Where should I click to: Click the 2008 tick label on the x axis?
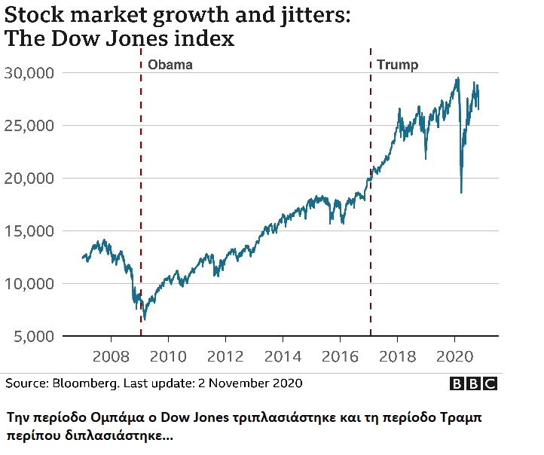click(x=111, y=356)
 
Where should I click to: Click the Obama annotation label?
click(x=170, y=65)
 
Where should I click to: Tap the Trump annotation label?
click(x=397, y=65)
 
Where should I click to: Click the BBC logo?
click(x=474, y=383)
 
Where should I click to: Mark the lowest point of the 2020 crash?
click(x=460, y=193)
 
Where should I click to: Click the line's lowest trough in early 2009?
click(x=144, y=319)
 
